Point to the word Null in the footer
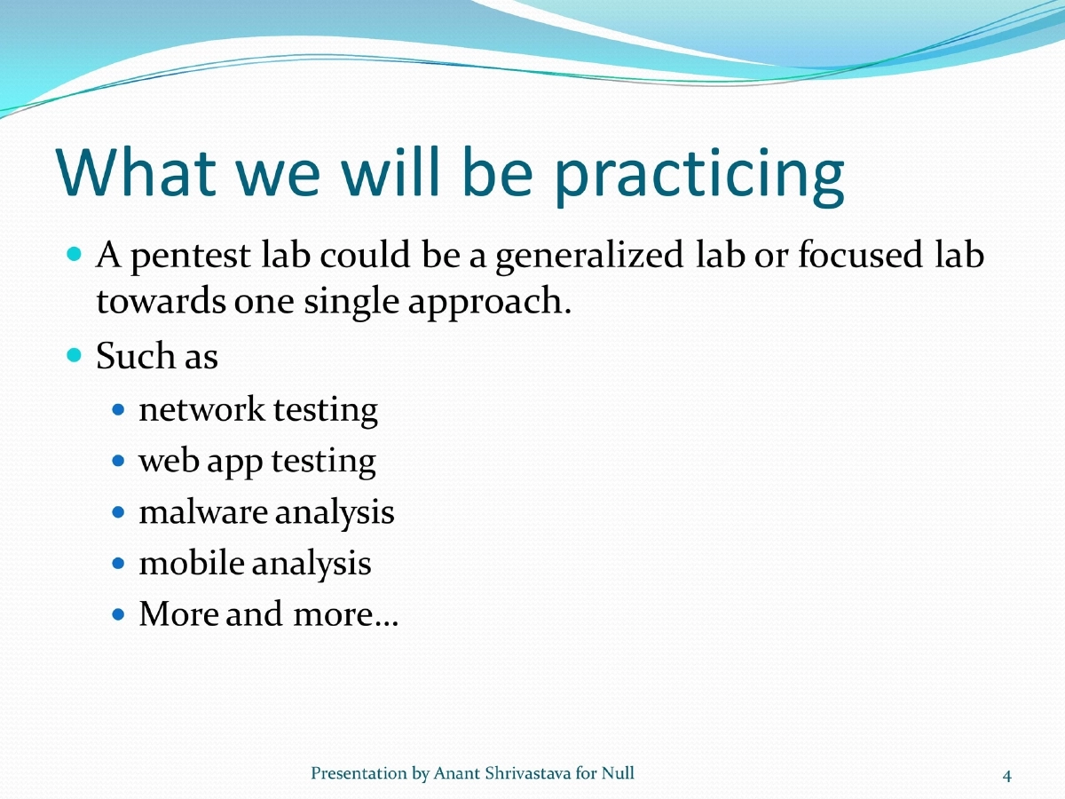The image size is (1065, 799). click(618, 773)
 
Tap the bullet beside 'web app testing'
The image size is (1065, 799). click(120, 462)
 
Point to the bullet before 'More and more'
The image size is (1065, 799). click(120, 614)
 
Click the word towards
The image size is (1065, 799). click(160, 302)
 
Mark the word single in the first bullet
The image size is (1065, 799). click(351, 304)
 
